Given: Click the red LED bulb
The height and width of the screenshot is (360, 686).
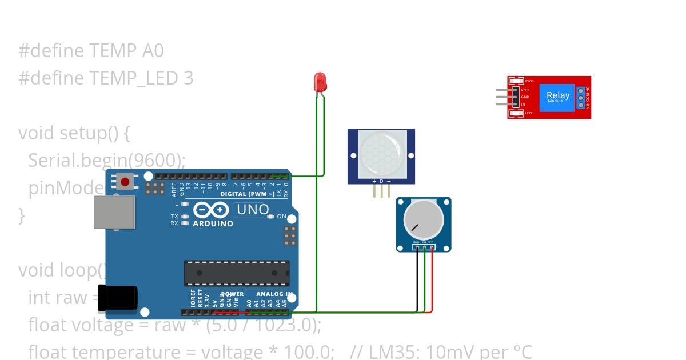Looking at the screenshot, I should pos(320,81).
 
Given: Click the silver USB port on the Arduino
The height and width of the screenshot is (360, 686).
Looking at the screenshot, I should pos(114,213).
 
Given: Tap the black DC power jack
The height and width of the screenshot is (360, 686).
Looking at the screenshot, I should pos(118,298).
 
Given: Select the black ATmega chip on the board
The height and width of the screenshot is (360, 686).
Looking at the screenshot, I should pos(236,273).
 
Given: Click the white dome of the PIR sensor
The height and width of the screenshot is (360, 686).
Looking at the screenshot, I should pos(381,151).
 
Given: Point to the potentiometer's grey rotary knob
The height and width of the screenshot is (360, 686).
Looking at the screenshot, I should pos(424,220).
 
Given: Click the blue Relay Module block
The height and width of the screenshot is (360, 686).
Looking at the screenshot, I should pos(558,97).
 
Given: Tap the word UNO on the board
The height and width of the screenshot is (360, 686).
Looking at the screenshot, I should pos(252,210).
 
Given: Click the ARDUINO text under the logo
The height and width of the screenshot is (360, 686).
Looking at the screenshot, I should pos(213,223).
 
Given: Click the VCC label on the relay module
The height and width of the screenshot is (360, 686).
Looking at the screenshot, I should pos(525,90).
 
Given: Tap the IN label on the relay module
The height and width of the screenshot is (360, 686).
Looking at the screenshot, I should pos(523,105).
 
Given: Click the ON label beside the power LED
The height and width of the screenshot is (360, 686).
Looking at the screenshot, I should pos(281,217).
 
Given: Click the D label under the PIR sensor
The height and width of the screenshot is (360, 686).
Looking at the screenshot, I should pos(381,181).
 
